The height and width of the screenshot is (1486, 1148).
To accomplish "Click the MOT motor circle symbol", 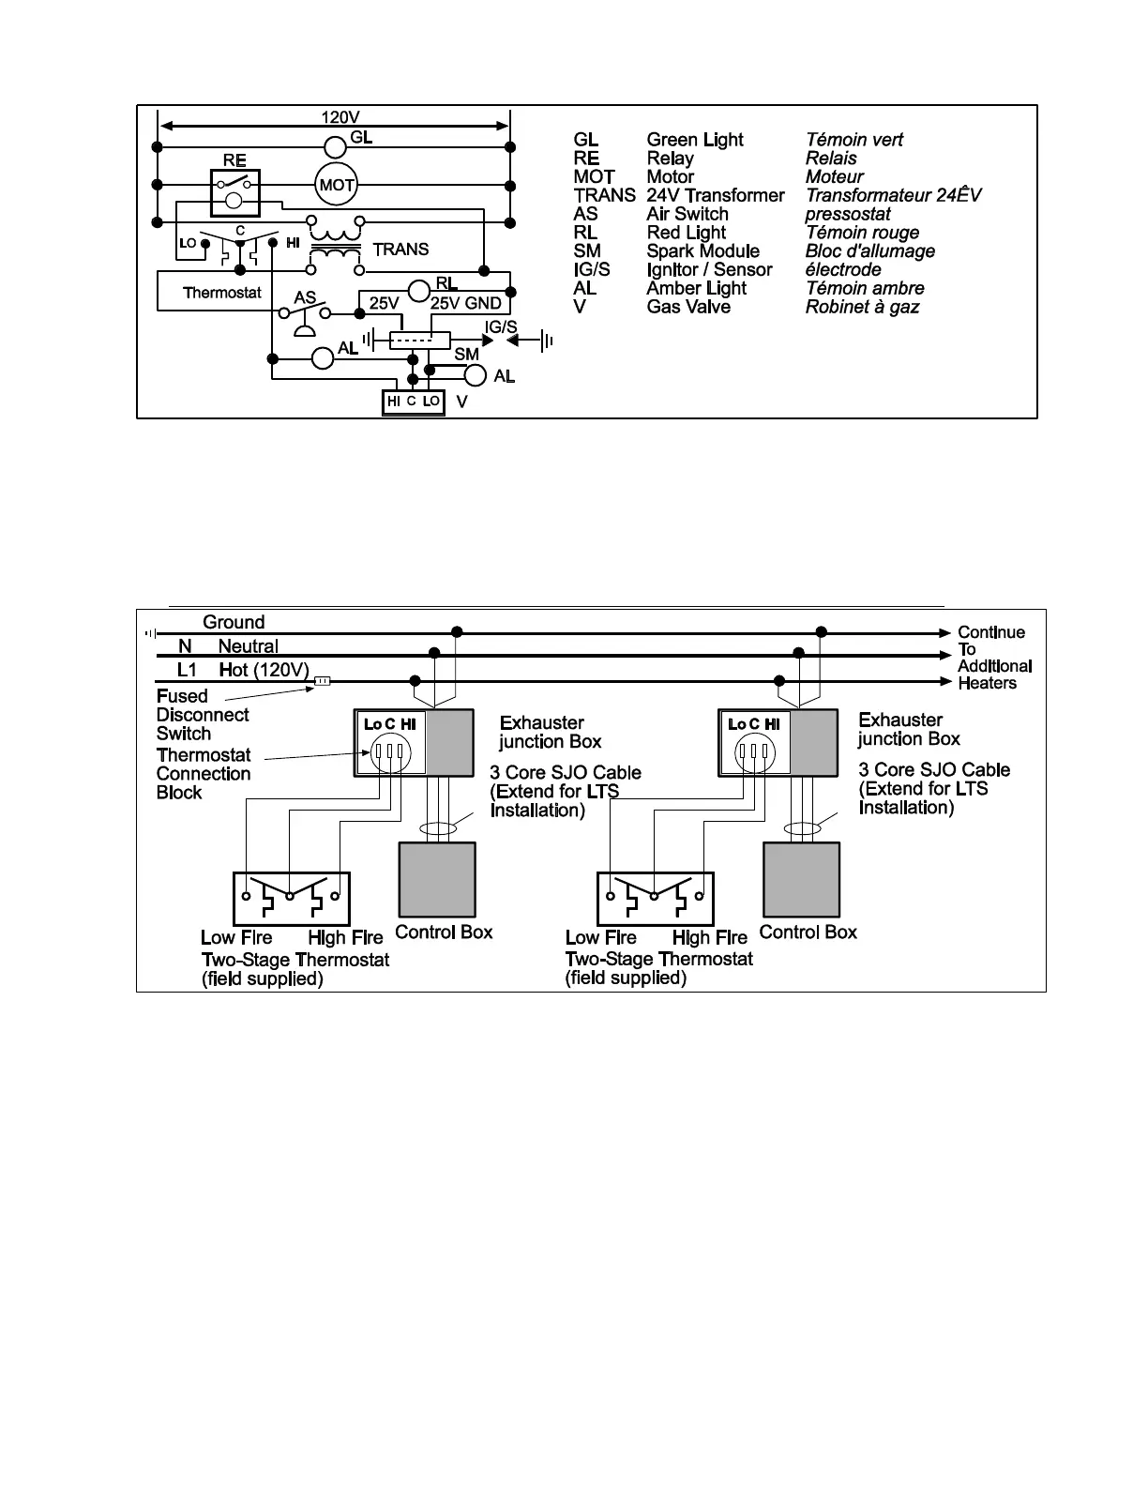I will pyautogui.click(x=337, y=185).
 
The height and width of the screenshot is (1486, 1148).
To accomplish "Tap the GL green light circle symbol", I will pyautogui.click(x=336, y=147).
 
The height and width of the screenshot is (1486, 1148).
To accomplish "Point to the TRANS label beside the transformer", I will pyautogui.click(x=400, y=250).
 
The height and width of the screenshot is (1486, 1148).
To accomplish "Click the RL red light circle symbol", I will pyautogui.click(x=419, y=292).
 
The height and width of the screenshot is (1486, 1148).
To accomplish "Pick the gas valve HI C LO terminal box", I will pyautogui.click(x=413, y=402).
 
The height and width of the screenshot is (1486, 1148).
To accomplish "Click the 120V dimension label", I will pyautogui.click(x=340, y=117).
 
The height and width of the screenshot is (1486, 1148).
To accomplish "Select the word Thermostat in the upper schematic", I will pyautogui.click(x=222, y=293).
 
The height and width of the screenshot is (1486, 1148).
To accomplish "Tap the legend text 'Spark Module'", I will pyautogui.click(x=702, y=251).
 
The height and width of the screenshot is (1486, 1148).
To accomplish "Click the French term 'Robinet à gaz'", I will pyautogui.click(x=862, y=307).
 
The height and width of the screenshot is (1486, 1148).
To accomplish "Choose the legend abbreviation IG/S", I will pyautogui.click(x=592, y=270).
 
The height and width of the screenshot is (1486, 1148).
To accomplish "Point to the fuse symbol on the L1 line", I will pyautogui.click(x=321, y=681).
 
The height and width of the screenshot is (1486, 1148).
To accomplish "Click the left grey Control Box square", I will pyautogui.click(x=437, y=879).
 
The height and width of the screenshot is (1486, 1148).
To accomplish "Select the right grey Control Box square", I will pyautogui.click(x=801, y=879).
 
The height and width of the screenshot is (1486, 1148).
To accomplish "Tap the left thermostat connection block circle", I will pyautogui.click(x=387, y=752).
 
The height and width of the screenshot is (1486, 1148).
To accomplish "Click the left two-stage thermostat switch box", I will pyautogui.click(x=291, y=899).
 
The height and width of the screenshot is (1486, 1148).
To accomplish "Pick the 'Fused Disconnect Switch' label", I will pyautogui.click(x=203, y=715).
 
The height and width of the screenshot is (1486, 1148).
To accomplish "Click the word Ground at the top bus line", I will pyautogui.click(x=234, y=623).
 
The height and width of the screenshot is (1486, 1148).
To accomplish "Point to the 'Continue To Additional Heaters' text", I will pyautogui.click(x=993, y=658).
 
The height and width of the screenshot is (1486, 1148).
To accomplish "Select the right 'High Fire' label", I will pyautogui.click(x=709, y=937).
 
